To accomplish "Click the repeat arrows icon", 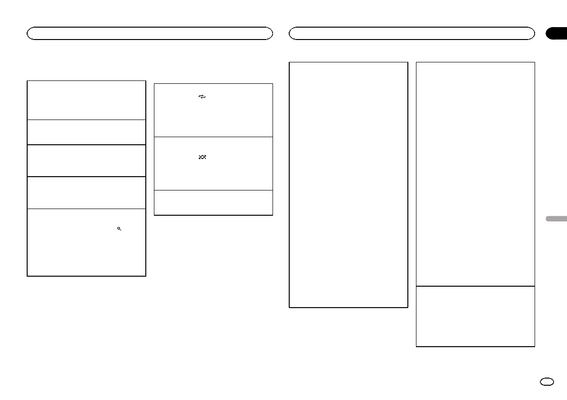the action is (202, 97).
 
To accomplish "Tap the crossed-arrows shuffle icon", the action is (202, 157).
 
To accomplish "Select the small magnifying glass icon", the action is (119, 229).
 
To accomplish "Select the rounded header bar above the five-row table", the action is (150, 33).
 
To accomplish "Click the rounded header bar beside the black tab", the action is (412, 33).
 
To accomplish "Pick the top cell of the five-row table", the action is (86, 100).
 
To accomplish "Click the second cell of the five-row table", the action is (86, 132).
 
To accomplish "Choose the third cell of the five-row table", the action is (86, 160).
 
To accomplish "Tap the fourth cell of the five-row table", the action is (86, 192).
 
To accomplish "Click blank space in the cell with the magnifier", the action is (71, 252).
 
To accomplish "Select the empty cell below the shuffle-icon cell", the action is (213, 202).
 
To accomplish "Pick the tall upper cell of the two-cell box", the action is (475, 174).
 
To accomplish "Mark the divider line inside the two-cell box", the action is (475, 286).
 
